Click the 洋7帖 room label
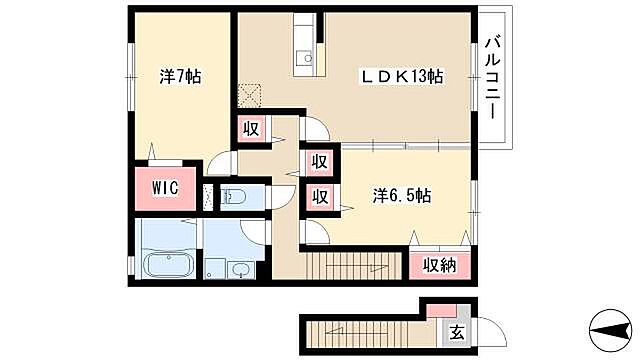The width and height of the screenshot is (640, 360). coord(180,76)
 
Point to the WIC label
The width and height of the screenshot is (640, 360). coord(166,188)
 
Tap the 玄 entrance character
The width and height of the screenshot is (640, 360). coord(456,332)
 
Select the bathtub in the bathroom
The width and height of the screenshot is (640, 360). coord(168,266)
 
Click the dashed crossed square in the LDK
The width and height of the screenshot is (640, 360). coord(247,94)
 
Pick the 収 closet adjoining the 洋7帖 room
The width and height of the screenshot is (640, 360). coord(250,129)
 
